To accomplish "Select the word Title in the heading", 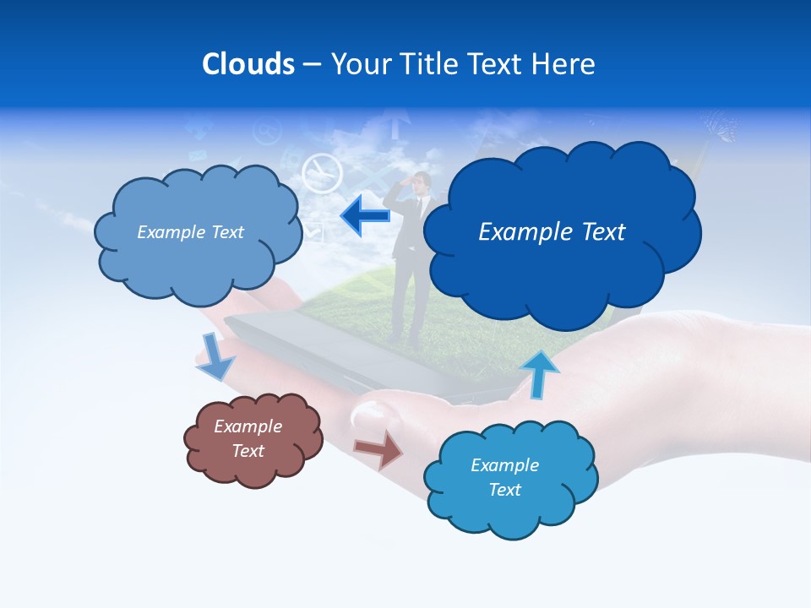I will [x=427, y=63].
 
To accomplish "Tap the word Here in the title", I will [x=564, y=63].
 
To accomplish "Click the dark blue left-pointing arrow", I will [x=365, y=216].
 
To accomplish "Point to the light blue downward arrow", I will [x=216, y=356].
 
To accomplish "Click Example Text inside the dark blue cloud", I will [x=552, y=231].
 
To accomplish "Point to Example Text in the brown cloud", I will [x=248, y=438].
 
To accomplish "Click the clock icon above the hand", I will [x=321, y=172].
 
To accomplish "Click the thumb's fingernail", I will [x=369, y=415].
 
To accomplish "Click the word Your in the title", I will [x=359, y=63].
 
